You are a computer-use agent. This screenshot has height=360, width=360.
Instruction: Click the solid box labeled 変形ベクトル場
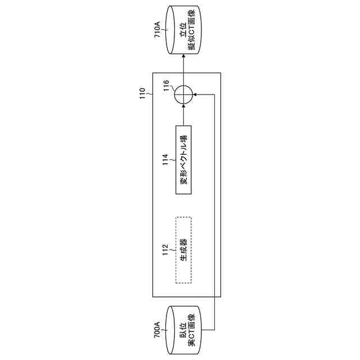click(183, 159)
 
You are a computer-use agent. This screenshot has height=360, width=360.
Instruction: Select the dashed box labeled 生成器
click(183, 250)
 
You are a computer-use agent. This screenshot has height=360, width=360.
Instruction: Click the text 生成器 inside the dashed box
click(183, 250)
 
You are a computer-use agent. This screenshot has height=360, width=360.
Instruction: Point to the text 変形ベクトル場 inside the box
click(183, 159)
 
